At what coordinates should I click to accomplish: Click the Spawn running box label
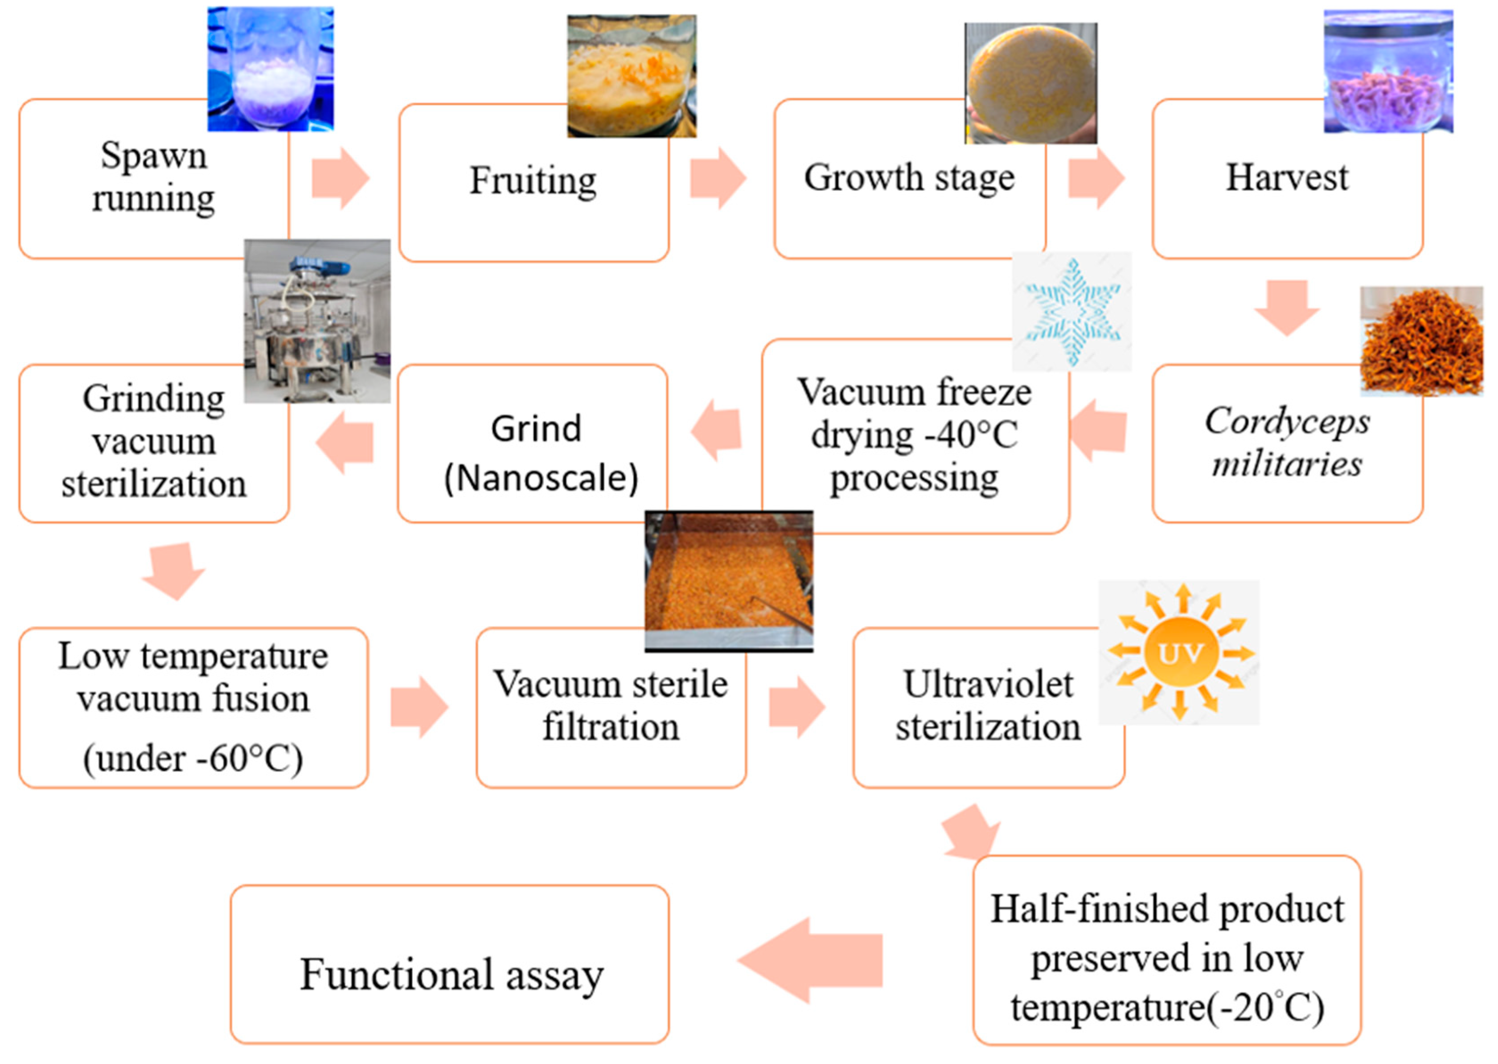pos(153,177)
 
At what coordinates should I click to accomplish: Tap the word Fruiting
pos(533,181)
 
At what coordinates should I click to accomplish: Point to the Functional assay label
pos(451,975)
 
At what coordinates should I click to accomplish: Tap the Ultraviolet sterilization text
pos(988,706)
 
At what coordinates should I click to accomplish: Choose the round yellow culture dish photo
pos(1030,83)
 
